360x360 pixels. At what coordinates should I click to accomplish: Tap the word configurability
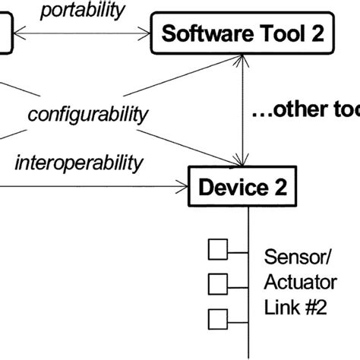[87, 115]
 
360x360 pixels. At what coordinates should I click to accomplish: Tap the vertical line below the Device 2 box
[248, 289]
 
